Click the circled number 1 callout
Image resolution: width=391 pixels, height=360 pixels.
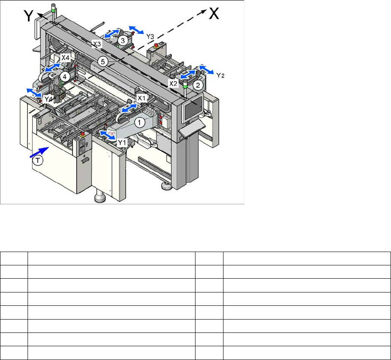(140, 122)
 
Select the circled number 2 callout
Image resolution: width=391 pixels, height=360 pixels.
(198, 86)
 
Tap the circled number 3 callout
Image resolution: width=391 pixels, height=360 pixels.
(123, 40)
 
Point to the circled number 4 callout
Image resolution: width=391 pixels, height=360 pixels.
(65, 77)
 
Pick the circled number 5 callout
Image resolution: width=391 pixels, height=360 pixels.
(103, 61)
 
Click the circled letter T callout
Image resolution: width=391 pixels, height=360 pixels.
(37, 160)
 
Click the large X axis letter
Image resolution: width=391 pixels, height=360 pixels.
(214, 13)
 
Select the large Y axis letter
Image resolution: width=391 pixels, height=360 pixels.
(29, 15)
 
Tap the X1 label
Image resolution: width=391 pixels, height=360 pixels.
(141, 98)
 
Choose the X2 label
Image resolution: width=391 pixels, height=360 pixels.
(173, 83)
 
